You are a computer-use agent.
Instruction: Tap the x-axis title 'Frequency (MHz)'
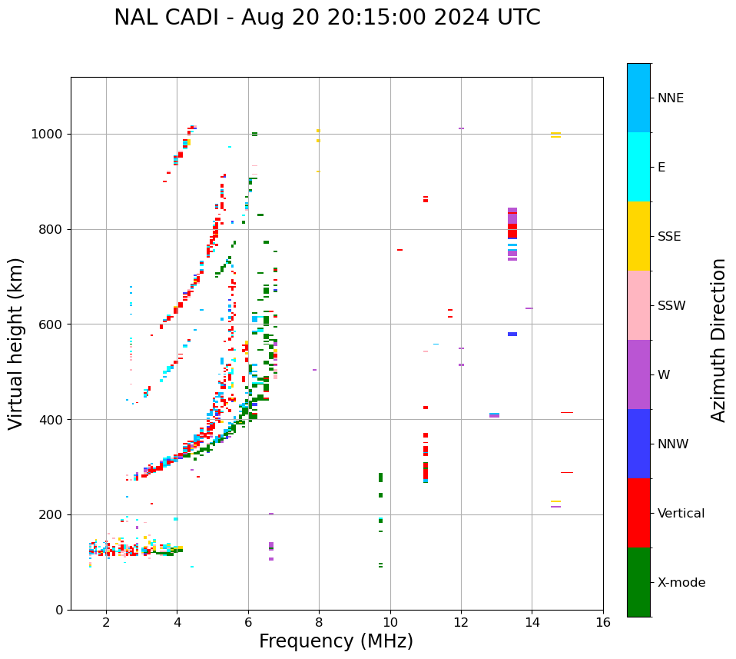pyautogui.click(x=336, y=641)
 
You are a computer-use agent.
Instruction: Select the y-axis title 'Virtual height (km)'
pyautogui.click(x=16, y=344)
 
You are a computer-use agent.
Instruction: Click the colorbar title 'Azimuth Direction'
pyautogui.click(x=718, y=340)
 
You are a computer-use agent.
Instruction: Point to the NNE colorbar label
pyautogui.click(x=670, y=98)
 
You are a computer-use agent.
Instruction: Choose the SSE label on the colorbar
pyautogui.click(x=668, y=237)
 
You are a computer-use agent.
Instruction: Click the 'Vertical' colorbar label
pyautogui.click(x=681, y=514)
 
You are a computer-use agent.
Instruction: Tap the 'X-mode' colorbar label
pyautogui.click(x=681, y=583)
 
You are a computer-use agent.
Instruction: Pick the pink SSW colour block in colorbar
pyautogui.click(x=638, y=305)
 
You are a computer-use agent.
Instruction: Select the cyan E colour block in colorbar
pyautogui.click(x=638, y=167)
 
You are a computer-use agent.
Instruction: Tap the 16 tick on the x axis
pyautogui.click(x=602, y=621)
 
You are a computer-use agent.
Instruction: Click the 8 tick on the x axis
pyautogui.click(x=319, y=621)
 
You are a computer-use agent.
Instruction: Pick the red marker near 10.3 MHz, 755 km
pyautogui.click(x=399, y=250)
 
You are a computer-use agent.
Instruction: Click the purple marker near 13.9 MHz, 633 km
pyautogui.click(x=529, y=308)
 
